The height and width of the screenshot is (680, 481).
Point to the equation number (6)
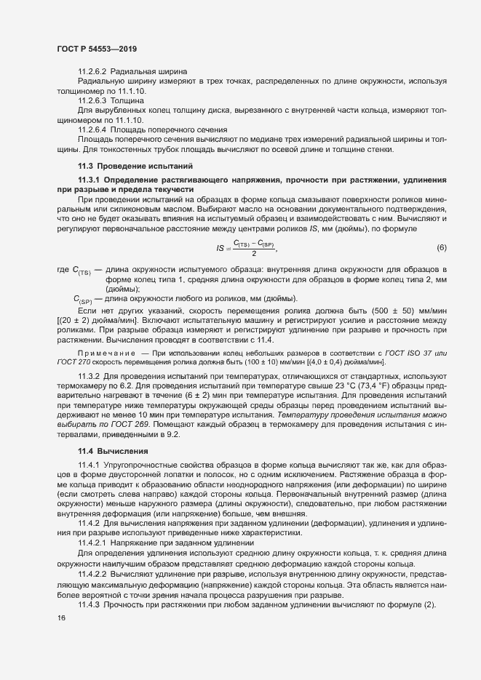[441, 248]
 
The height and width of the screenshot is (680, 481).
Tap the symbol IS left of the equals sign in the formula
[220, 249]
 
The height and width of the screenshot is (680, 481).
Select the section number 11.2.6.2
[92, 72]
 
